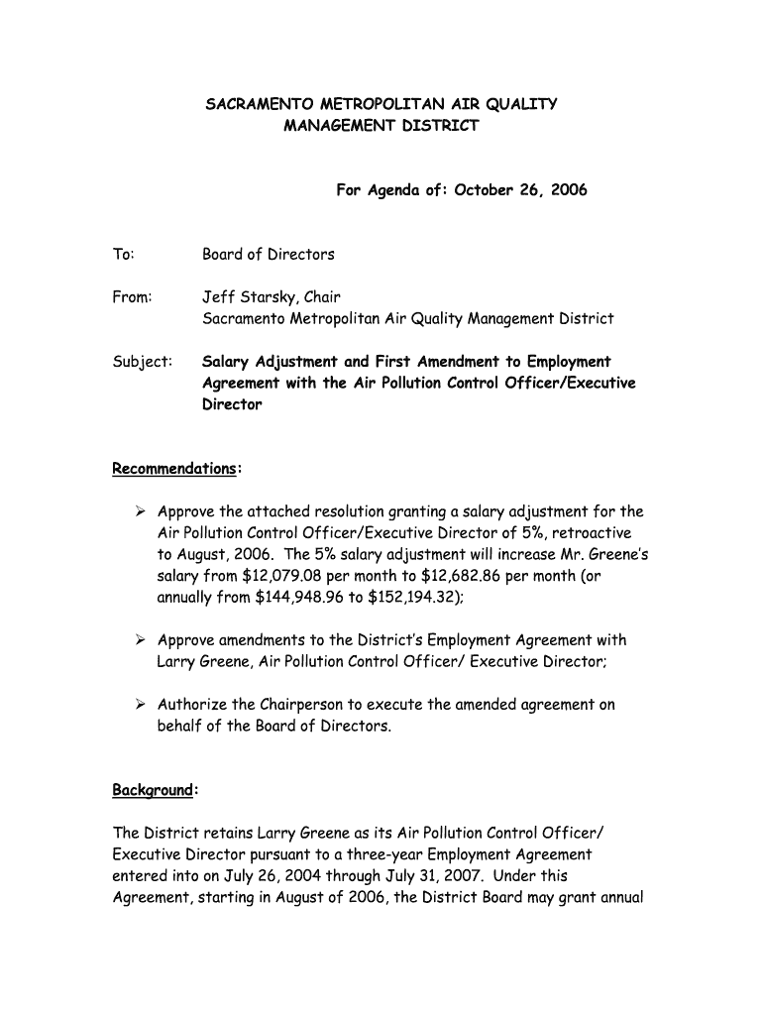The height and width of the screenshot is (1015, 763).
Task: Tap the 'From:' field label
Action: click(132, 296)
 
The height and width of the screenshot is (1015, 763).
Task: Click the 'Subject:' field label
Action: click(142, 361)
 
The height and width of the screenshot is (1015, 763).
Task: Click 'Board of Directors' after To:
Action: click(269, 254)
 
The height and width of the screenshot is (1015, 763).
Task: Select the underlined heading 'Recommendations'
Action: click(173, 468)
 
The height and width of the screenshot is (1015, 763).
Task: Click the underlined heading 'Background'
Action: click(152, 790)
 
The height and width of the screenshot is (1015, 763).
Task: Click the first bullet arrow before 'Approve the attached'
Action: click(141, 511)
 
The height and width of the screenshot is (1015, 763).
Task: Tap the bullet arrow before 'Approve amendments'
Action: click(141, 640)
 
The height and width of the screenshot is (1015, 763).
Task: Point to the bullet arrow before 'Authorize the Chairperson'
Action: click(141, 705)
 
